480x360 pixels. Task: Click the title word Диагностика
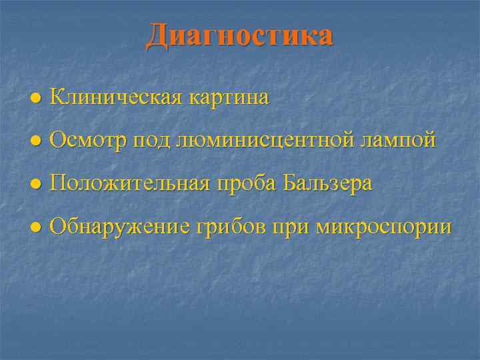pos(239,35)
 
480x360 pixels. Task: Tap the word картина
pos(229,98)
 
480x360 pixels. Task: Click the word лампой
pos(398,141)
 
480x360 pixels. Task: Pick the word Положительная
pos(131,183)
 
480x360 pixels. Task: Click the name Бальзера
pos(327,183)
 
